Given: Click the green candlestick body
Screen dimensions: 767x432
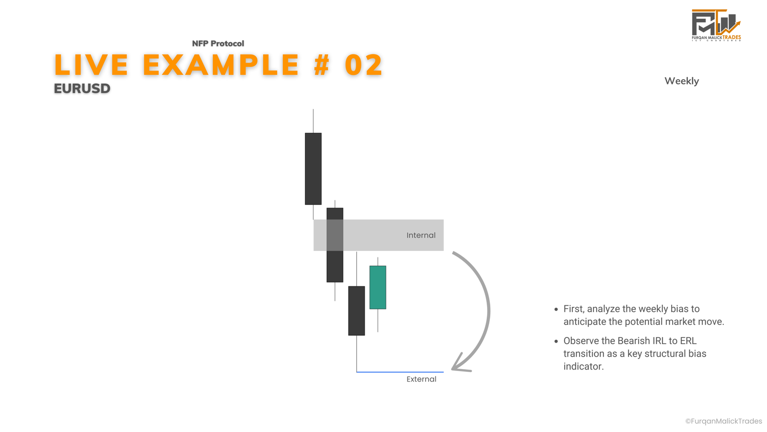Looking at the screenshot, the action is click(x=378, y=288).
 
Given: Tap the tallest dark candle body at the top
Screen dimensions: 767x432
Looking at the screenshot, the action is click(x=313, y=168).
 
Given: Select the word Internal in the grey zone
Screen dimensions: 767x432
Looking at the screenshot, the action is click(x=421, y=235).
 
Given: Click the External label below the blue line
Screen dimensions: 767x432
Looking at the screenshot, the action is click(x=421, y=379).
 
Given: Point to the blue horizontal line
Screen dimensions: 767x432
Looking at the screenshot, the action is click(x=400, y=372).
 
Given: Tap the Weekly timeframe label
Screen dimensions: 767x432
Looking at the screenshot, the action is click(x=681, y=81).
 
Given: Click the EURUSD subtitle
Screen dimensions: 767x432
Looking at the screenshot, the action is click(x=82, y=88).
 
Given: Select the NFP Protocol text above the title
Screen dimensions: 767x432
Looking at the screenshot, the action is click(x=218, y=44).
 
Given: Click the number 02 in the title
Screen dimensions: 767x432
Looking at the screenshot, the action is click(x=364, y=65).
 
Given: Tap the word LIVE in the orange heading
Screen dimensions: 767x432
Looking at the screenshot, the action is click(x=91, y=65).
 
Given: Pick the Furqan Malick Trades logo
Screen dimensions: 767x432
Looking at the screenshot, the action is click(x=716, y=25).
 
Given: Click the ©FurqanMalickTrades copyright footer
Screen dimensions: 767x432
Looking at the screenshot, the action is click(x=723, y=421).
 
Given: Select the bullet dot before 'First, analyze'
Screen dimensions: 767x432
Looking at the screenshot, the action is click(x=556, y=309).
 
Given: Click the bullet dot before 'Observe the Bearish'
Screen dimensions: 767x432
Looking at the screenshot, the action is click(x=556, y=341).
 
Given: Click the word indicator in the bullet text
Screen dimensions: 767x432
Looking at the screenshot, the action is click(x=583, y=367).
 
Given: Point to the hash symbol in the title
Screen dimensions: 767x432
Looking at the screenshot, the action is click(x=322, y=65).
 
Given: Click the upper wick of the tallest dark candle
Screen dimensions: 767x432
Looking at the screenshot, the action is click(x=313, y=121).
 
